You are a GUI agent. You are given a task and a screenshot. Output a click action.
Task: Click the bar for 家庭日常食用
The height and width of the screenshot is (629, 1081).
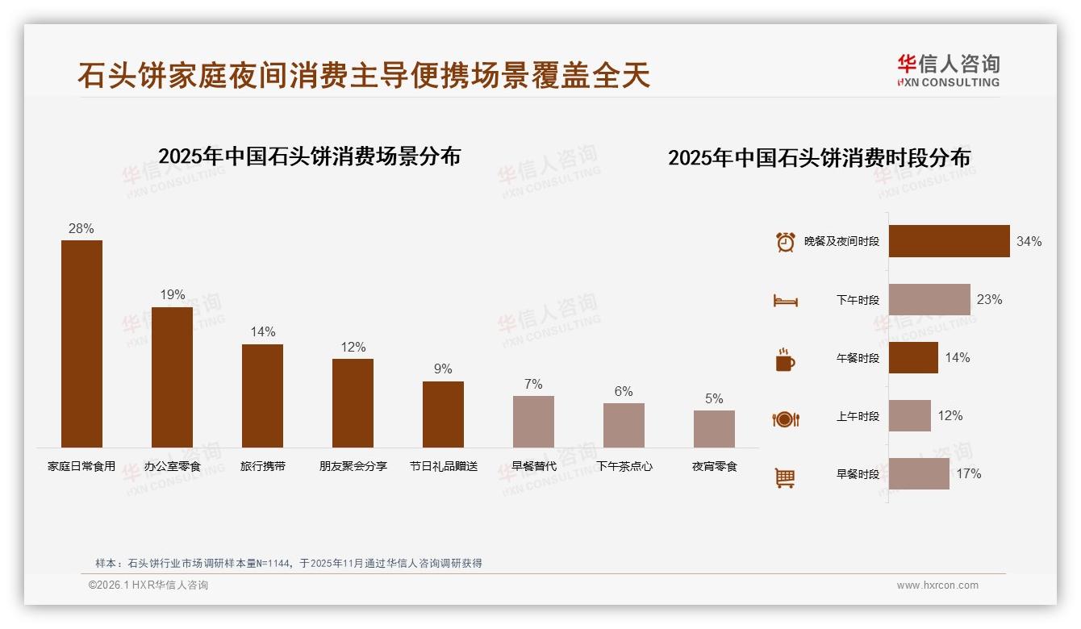(x=81, y=344)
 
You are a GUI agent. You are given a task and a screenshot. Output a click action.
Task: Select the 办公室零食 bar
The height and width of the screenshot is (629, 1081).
(x=172, y=377)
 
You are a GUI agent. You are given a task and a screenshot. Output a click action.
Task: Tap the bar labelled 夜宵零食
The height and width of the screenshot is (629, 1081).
(x=714, y=428)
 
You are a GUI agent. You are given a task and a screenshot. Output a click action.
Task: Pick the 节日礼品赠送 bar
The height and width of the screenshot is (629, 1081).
(x=443, y=414)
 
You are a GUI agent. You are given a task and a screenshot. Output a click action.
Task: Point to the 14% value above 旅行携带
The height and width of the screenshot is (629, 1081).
(x=262, y=331)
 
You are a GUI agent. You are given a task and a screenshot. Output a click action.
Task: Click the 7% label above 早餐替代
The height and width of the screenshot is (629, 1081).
(x=533, y=384)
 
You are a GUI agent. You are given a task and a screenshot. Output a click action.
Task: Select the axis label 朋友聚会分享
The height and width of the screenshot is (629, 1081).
(x=353, y=466)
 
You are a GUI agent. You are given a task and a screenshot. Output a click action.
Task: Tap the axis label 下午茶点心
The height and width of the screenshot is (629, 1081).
(x=624, y=466)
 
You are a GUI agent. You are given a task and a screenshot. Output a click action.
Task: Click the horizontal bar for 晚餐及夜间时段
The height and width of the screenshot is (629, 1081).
(x=949, y=241)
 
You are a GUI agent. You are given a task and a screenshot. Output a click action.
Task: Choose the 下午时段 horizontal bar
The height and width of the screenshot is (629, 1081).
(x=929, y=299)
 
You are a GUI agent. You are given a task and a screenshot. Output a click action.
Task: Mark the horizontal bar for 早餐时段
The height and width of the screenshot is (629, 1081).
(x=919, y=473)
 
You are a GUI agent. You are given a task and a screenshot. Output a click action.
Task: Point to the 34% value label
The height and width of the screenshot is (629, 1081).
(x=1029, y=241)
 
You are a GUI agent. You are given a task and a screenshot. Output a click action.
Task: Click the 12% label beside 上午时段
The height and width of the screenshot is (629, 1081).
(x=950, y=415)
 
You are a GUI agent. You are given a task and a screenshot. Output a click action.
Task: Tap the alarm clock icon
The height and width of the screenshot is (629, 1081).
(x=785, y=242)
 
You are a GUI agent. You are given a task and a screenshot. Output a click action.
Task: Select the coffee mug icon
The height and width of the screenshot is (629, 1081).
(x=785, y=360)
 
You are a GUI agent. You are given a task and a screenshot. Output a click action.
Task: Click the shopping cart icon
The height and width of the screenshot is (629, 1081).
(x=785, y=477)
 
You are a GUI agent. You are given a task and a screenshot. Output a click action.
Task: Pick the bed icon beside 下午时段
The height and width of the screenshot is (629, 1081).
(x=785, y=301)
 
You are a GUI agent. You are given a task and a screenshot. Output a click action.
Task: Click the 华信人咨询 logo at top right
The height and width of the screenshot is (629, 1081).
(x=948, y=70)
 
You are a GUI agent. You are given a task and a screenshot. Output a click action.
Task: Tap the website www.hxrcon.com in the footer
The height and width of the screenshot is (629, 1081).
(x=937, y=585)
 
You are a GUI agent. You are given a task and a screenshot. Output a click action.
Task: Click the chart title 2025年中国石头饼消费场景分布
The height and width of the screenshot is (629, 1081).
(x=309, y=156)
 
